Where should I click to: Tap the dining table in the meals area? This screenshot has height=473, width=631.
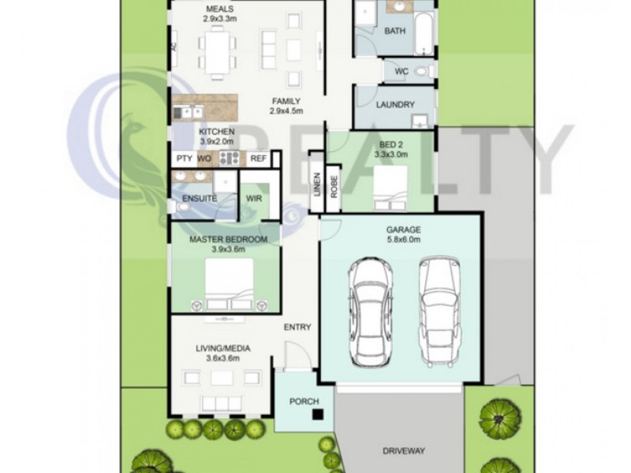tap(217, 52)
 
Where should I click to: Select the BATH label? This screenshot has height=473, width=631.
tap(394, 32)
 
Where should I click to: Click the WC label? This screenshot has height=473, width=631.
tap(401, 71)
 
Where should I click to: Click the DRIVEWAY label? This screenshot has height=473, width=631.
tap(404, 451)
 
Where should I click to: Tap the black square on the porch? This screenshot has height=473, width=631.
tap(315, 414)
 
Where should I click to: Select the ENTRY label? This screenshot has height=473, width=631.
tap(297, 328)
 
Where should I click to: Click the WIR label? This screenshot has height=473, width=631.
tap(254, 199)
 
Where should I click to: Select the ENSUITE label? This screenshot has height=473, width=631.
tap(200, 199)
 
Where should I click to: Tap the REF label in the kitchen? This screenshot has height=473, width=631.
tap(258, 158)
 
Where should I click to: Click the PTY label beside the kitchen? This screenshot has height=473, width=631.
tap(184, 158)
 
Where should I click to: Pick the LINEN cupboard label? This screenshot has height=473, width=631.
tap(317, 191)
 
